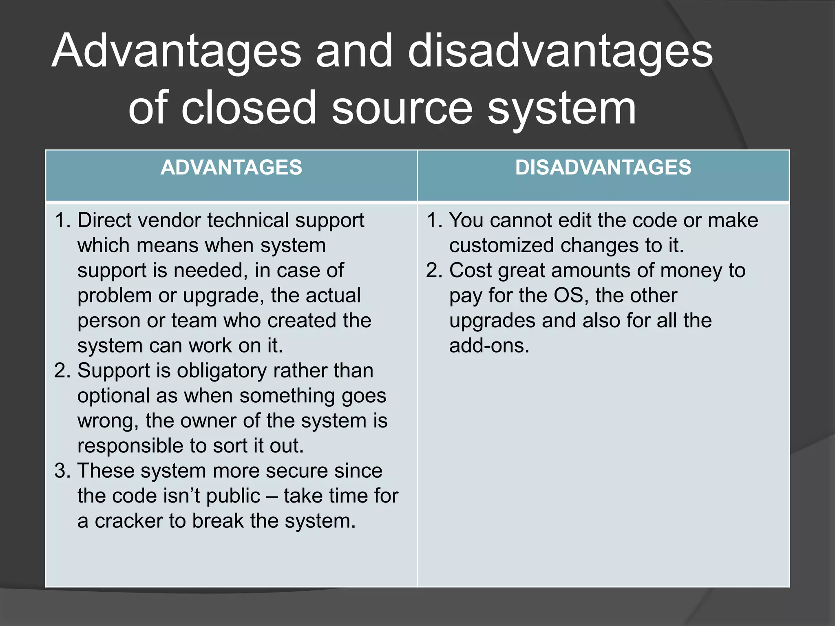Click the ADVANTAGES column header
[231, 168]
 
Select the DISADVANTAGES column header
[603, 168]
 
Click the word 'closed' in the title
[249, 108]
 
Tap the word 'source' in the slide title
[402, 108]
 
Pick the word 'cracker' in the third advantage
[128, 521]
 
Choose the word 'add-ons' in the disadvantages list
[489, 346]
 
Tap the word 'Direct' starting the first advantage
[104, 220]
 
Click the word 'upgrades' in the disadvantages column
[492, 321]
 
